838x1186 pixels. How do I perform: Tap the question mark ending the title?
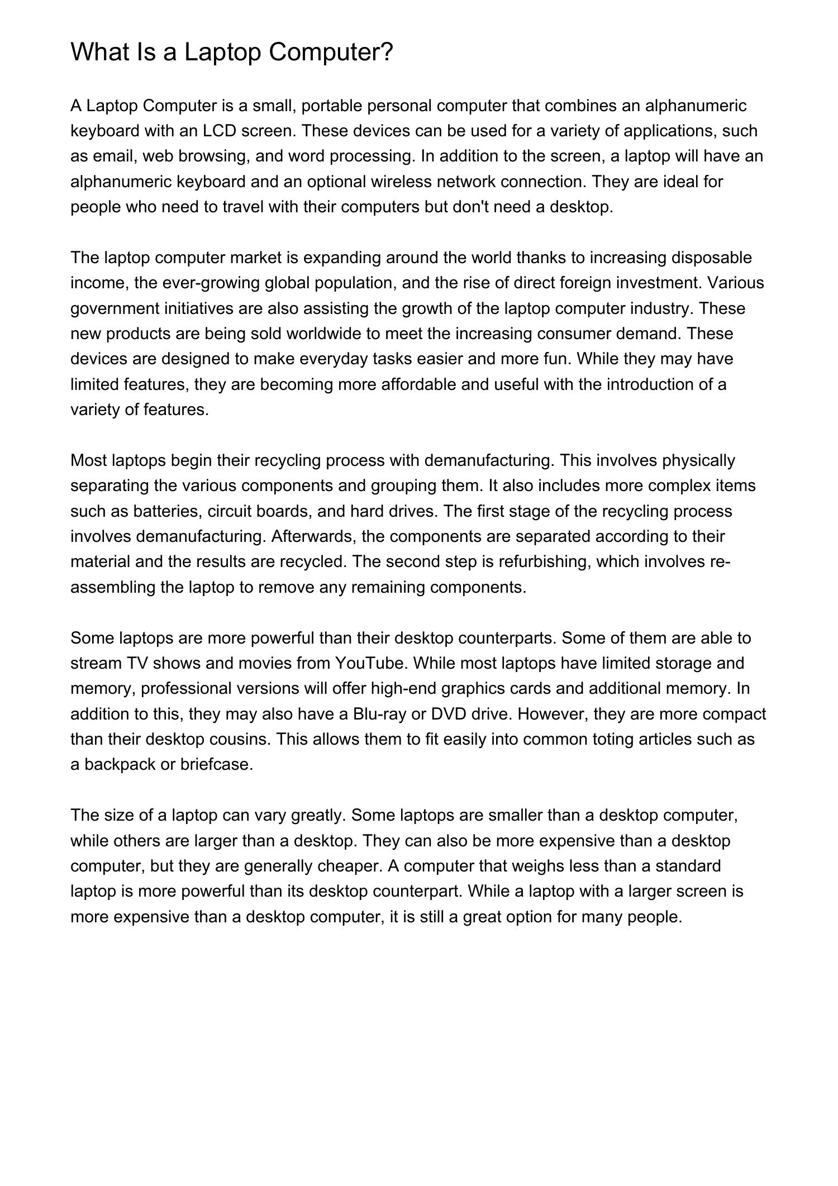tap(387, 52)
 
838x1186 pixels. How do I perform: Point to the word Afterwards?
tap(314, 536)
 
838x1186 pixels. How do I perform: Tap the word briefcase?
tap(217, 764)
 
